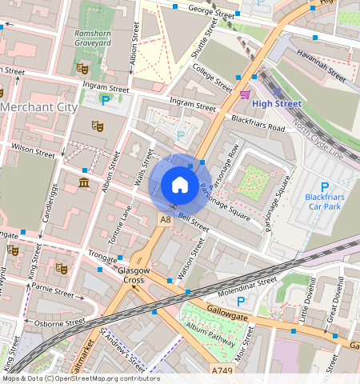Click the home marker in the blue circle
pos(180,186)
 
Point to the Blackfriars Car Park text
pos(325,201)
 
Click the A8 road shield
pos(165,218)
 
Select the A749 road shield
pos(223,371)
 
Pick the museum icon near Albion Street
pos(85,186)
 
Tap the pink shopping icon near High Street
pos(244,94)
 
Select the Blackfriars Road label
pos(258,123)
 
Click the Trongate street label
pos(102,255)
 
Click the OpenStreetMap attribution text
pos(80,378)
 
